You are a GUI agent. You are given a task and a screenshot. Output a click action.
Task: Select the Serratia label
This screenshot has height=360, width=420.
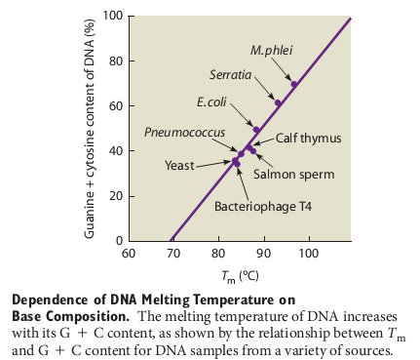[231, 74]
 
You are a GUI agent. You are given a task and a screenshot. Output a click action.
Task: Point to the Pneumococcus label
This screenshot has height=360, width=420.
[184, 132]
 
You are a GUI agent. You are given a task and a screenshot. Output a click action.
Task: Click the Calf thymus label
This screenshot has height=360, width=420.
[308, 139]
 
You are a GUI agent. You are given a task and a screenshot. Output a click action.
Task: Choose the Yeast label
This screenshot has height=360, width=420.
[180, 166]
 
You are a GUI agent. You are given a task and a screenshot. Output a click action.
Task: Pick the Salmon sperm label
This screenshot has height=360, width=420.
[293, 175]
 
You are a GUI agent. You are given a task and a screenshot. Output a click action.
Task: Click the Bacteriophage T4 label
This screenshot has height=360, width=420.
[262, 206]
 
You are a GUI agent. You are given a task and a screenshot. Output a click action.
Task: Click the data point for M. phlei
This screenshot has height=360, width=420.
[294, 84]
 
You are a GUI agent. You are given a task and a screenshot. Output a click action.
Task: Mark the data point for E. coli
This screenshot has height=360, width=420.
[256, 130]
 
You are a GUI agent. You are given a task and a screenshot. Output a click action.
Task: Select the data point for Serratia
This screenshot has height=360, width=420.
[278, 103]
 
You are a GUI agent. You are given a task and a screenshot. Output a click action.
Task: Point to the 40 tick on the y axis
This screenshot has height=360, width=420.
[113, 151]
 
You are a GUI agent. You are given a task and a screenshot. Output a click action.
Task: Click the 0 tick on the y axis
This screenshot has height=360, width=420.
[117, 241]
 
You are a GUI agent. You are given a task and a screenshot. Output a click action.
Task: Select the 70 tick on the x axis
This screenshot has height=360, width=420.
[173, 254]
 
